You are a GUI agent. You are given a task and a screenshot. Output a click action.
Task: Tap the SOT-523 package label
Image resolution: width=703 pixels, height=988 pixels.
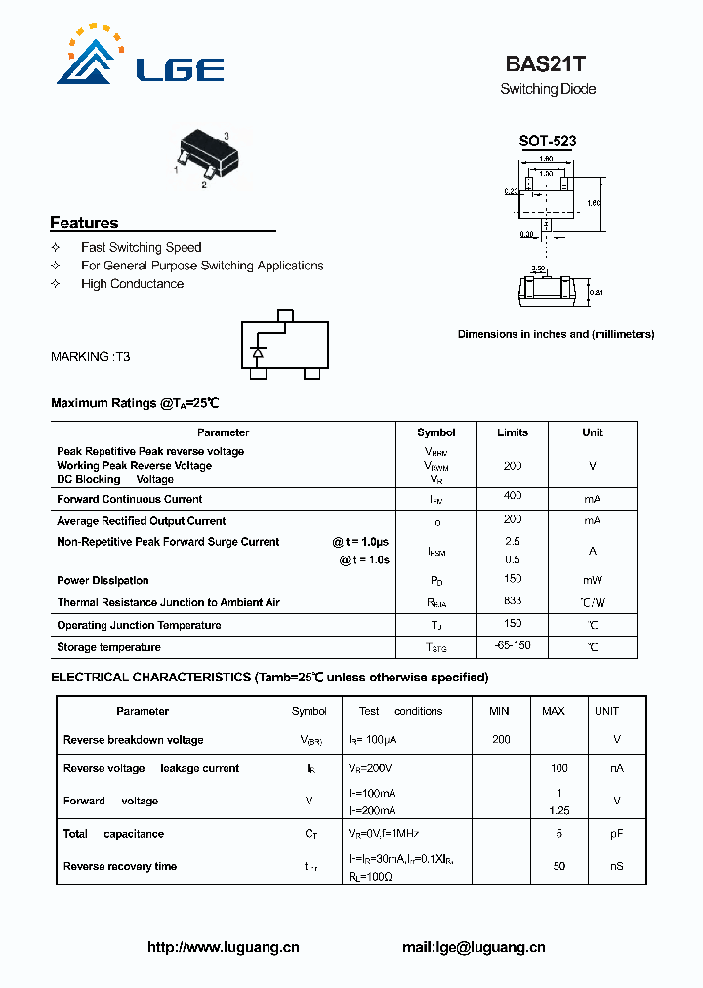tap(547, 141)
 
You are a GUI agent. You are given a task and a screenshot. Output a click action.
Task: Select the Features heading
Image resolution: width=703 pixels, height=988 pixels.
tap(84, 223)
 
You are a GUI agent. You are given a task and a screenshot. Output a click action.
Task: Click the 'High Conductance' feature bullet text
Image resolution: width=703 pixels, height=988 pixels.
tap(132, 284)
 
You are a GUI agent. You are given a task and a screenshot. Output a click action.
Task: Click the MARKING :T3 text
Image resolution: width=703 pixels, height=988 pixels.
tap(90, 357)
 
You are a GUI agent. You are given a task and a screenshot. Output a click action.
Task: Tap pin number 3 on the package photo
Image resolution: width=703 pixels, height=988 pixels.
tap(226, 135)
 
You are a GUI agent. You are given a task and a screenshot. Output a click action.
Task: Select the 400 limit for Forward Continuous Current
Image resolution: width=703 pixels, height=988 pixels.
tap(512, 497)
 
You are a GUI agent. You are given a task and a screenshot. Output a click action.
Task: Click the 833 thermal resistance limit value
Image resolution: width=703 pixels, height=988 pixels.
tap(512, 601)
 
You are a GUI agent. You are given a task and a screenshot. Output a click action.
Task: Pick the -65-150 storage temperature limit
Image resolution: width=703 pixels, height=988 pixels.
tap(512, 646)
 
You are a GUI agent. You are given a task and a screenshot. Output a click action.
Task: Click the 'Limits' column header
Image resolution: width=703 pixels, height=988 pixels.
tap(512, 432)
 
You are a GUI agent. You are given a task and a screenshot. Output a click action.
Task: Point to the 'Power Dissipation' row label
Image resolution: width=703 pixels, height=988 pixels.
tap(103, 581)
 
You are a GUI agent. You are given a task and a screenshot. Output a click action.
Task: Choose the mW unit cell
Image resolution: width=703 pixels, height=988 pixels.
tap(592, 580)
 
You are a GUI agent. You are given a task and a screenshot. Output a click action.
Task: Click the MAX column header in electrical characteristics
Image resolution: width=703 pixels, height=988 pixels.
tap(554, 711)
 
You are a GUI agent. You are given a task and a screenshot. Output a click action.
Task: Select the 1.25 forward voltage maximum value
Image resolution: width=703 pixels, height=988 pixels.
tap(558, 810)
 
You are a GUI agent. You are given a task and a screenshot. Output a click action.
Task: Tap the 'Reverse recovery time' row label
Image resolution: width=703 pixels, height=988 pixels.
tap(120, 866)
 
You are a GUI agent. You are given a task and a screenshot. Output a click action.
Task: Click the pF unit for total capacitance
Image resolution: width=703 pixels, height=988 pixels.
tap(617, 834)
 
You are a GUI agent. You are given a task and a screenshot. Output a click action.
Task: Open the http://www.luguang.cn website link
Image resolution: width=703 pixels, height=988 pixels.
tap(223, 947)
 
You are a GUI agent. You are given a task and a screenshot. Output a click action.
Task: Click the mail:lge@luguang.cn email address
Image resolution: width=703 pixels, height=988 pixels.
tap(474, 947)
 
